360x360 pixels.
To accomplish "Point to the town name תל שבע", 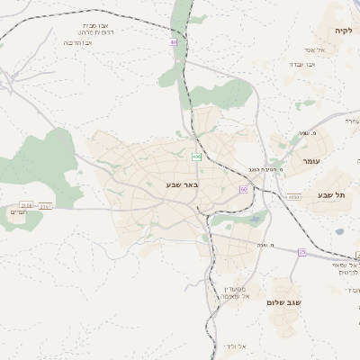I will [x=331, y=195].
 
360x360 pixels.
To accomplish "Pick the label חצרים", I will [x=19, y=211].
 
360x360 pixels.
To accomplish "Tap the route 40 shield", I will [x=174, y=42].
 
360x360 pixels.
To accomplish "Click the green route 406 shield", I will [x=196, y=157].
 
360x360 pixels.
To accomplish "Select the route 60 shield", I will [x=243, y=189].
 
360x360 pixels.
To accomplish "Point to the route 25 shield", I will [x=301, y=253].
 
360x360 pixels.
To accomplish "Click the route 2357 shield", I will [x=46, y=206].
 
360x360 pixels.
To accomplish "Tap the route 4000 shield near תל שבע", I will [x=293, y=195].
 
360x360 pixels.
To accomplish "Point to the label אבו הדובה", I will [x=78, y=42].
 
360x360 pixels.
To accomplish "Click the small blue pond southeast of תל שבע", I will [x=339, y=231].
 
